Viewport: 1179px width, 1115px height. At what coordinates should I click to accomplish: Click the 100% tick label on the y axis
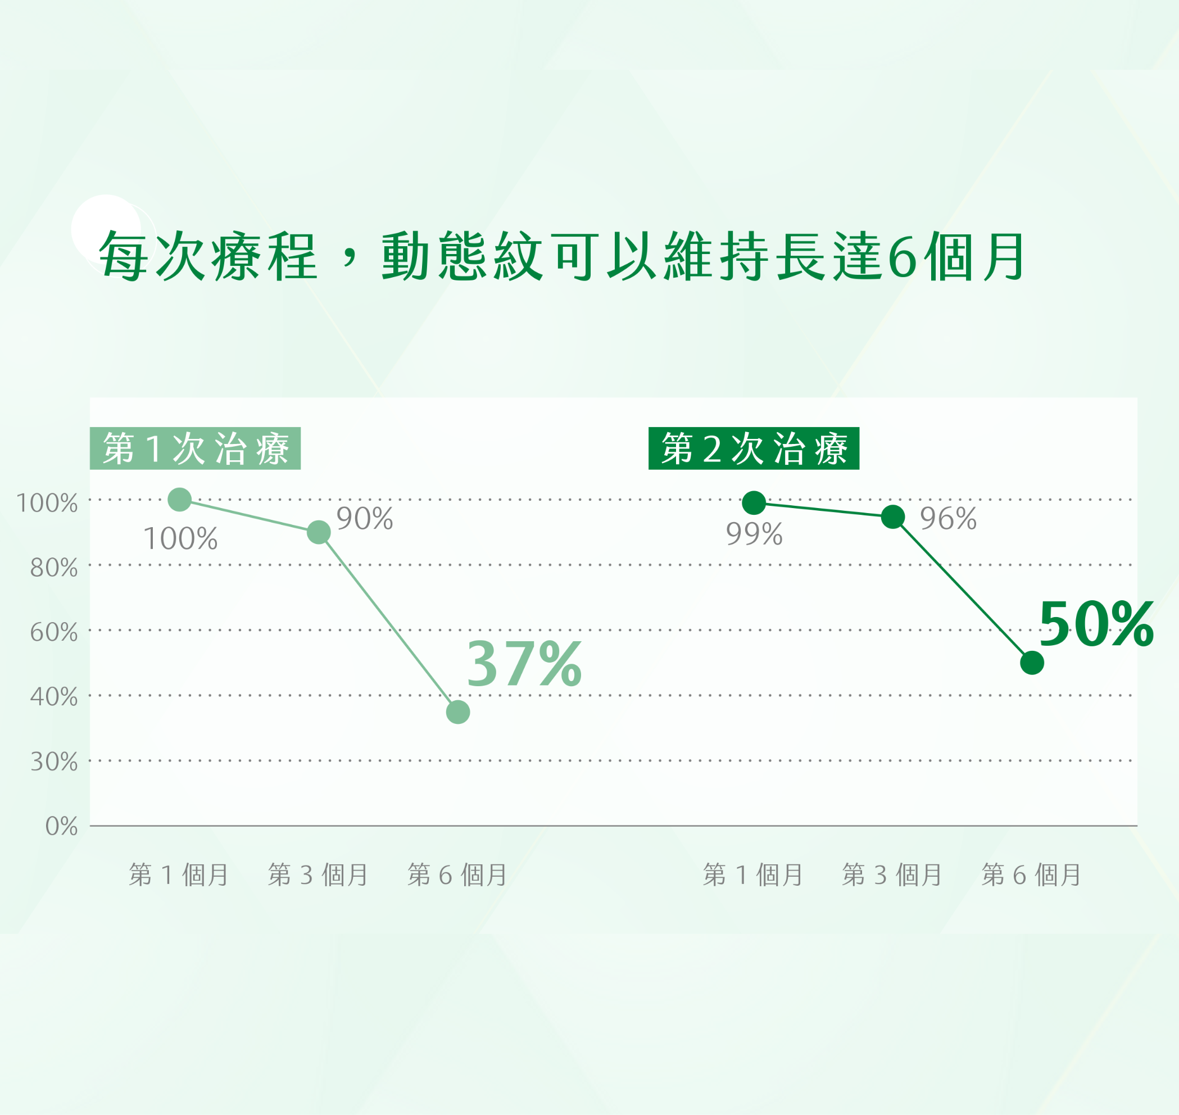[46, 504]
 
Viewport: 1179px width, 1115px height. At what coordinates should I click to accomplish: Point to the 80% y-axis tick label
[53, 568]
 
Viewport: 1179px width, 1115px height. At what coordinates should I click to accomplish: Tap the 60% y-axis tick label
[53, 632]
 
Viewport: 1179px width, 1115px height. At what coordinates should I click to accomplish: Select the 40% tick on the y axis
[53, 697]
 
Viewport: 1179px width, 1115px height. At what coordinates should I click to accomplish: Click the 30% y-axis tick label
[53, 762]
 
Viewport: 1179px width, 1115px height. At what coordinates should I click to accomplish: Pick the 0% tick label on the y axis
[61, 827]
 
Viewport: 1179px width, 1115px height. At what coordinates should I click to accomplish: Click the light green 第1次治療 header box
[195, 448]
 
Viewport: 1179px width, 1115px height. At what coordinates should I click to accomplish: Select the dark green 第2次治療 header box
[754, 448]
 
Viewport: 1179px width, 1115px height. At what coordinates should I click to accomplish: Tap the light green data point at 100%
[179, 499]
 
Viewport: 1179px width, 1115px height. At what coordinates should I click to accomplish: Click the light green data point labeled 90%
[319, 532]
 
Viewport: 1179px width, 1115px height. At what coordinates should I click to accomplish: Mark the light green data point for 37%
[457, 711]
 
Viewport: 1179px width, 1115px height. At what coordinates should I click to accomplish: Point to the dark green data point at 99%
[754, 503]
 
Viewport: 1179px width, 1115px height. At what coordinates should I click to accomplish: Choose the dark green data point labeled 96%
[892, 516]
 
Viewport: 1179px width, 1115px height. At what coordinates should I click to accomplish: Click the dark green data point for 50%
[1032, 663]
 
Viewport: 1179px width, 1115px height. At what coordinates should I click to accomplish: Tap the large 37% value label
[524, 664]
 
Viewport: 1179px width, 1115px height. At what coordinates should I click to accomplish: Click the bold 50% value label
[1096, 624]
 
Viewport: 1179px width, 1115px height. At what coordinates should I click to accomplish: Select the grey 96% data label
[949, 519]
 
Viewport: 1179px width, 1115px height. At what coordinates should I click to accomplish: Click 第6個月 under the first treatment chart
[457, 875]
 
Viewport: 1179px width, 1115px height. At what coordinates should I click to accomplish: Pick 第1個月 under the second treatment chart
[753, 875]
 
